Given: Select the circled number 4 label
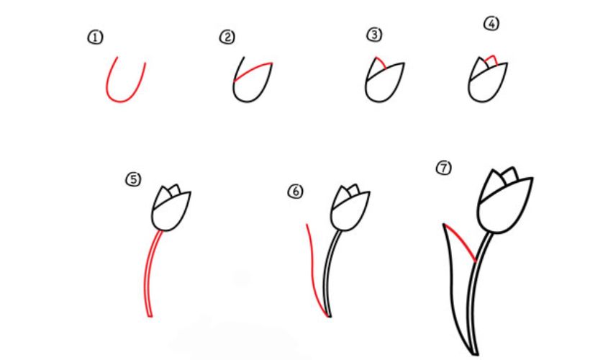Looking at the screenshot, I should pyautogui.click(x=491, y=24).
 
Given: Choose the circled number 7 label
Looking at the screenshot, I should pyautogui.click(x=443, y=168).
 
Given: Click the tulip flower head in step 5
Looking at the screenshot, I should pyautogui.click(x=171, y=209).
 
